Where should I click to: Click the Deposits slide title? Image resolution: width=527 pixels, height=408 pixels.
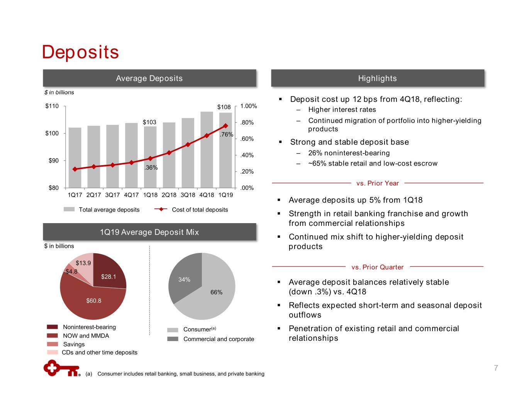point(80,52)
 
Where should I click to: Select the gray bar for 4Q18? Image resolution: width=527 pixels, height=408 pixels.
point(207,151)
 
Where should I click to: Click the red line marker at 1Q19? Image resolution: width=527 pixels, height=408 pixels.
point(225,126)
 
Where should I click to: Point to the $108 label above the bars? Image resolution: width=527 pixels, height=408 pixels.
point(224,107)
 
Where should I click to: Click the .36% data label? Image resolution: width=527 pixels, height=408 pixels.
point(151,167)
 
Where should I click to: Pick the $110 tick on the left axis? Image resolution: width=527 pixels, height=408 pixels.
point(52,106)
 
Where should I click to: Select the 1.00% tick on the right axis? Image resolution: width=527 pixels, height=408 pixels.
point(248,106)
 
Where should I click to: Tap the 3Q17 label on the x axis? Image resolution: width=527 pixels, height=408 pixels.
point(112,195)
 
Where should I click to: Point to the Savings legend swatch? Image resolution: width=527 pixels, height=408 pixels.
point(53,344)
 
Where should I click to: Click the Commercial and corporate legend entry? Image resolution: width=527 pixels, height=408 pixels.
point(219,339)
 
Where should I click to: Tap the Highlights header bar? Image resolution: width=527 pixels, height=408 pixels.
point(377,78)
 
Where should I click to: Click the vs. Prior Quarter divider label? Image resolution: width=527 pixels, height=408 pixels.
point(377,267)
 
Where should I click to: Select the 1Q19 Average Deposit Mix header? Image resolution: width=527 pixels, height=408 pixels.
point(149,232)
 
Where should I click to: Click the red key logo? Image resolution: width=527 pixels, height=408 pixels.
point(61,368)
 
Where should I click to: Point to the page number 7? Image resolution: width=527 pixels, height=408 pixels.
point(496,368)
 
